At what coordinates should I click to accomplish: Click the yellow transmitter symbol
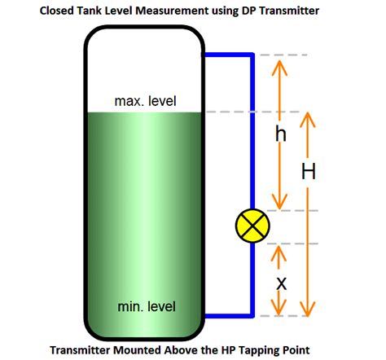click(250, 226)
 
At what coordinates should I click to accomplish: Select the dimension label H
click(308, 172)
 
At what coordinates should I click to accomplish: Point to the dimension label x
click(281, 283)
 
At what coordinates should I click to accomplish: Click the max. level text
click(145, 102)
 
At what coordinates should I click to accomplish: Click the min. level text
click(145, 307)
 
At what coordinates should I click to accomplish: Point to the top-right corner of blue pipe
click(251, 55)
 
